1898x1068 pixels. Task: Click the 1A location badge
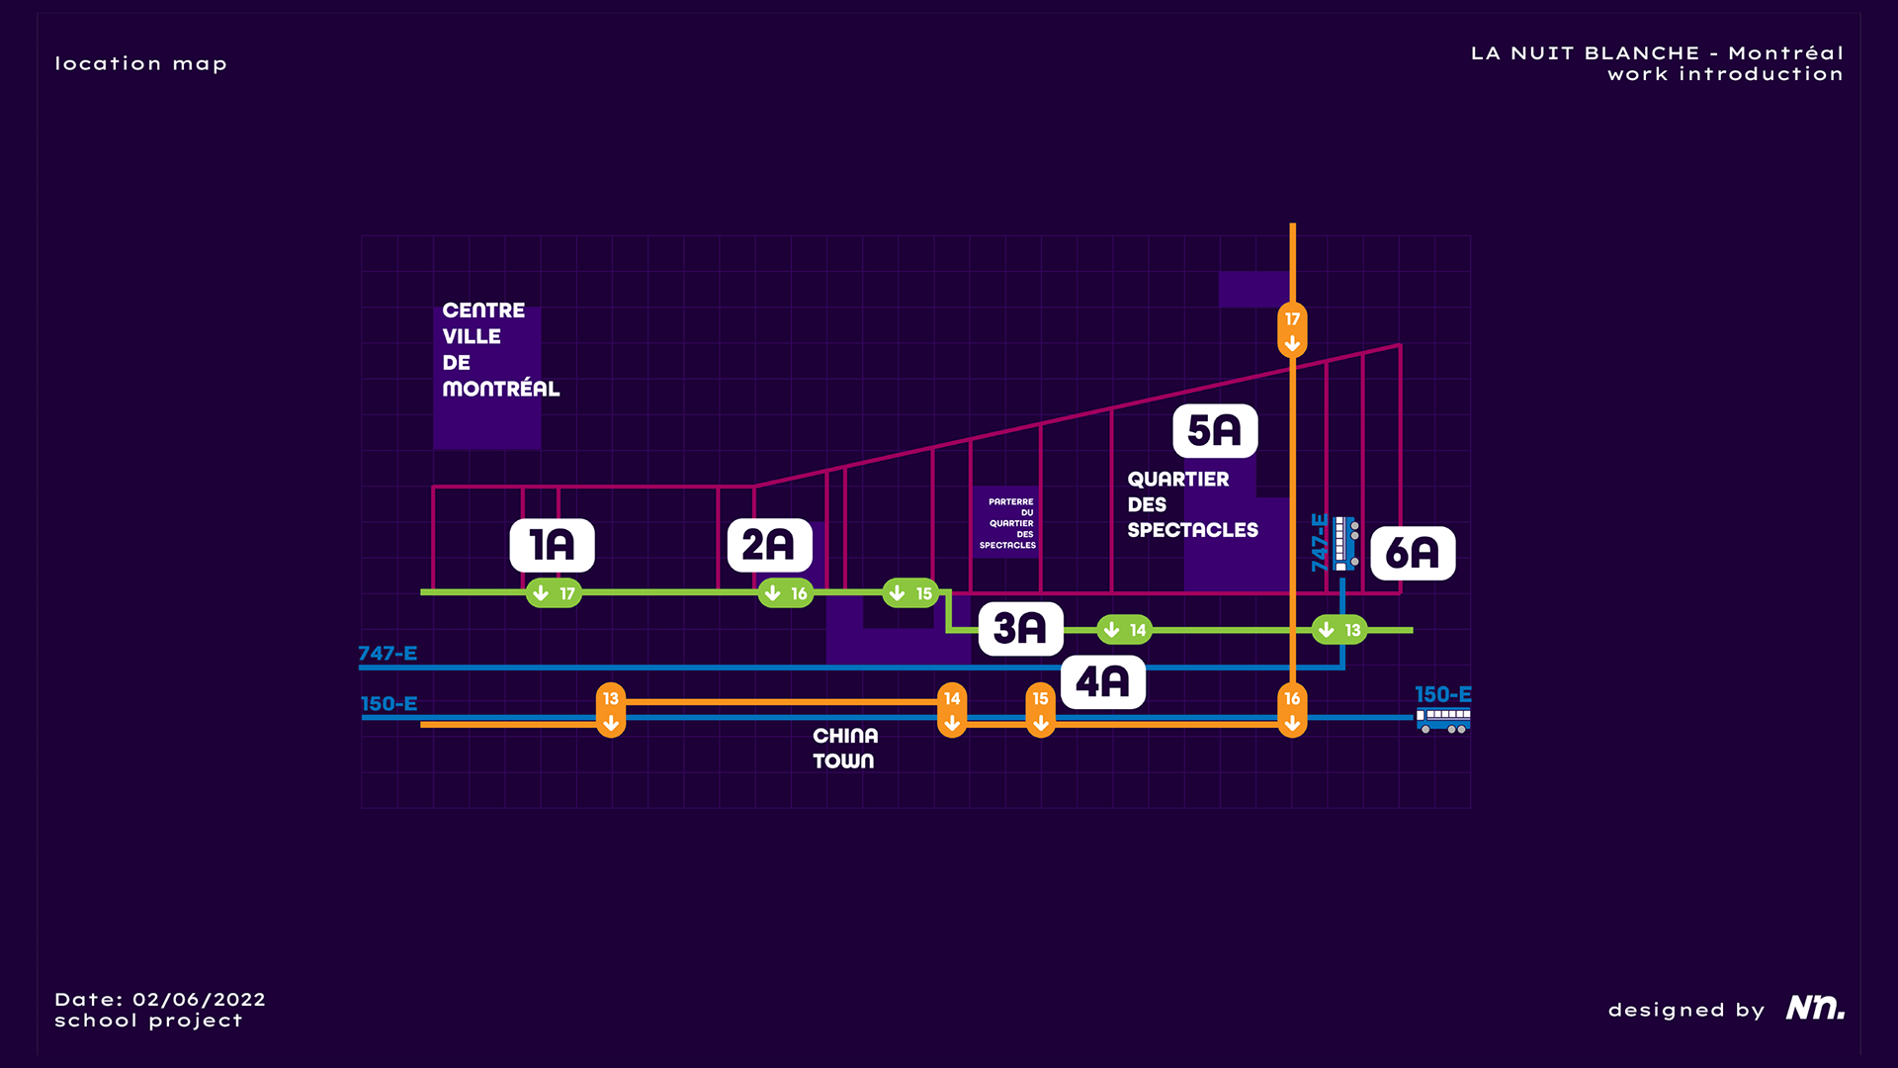(x=552, y=545)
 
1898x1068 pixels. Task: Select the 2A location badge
(x=769, y=545)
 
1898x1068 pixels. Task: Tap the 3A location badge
(x=1020, y=628)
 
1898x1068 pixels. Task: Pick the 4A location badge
(x=1102, y=682)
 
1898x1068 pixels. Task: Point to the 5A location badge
(x=1215, y=431)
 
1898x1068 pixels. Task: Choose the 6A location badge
(x=1413, y=554)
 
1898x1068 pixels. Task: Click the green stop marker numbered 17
(x=554, y=593)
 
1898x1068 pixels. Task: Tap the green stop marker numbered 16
(x=786, y=593)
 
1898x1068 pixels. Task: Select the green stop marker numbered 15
(x=910, y=593)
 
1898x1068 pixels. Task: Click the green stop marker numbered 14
(x=1125, y=630)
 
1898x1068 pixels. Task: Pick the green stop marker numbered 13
(x=1339, y=630)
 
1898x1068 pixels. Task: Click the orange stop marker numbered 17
(x=1292, y=329)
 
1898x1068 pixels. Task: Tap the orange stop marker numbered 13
(x=611, y=710)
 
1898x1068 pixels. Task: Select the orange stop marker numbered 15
(x=1040, y=710)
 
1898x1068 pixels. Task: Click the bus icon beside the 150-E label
(x=1443, y=720)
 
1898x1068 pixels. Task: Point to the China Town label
(x=844, y=749)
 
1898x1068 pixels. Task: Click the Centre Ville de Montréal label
(x=500, y=350)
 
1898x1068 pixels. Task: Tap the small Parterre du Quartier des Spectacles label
(x=1008, y=523)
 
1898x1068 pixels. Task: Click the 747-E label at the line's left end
(x=388, y=654)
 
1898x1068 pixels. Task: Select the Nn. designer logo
(x=1815, y=1008)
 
